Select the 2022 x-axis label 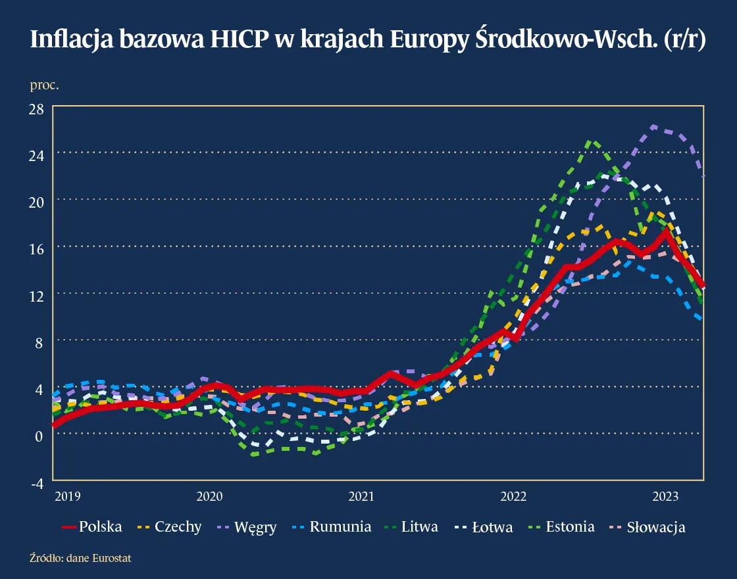click(x=514, y=496)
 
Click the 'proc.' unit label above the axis click(x=44, y=85)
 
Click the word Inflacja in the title click(x=72, y=41)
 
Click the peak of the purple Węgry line click(x=653, y=126)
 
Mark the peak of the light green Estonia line click(x=590, y=141)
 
